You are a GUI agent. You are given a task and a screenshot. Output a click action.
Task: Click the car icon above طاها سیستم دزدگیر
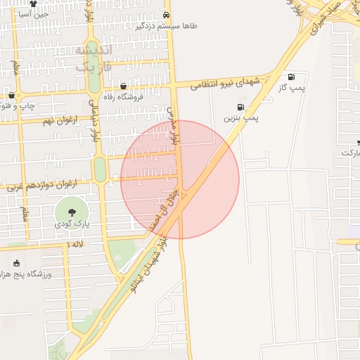click(166, 15)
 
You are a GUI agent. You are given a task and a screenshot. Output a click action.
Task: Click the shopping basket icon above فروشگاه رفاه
click(124, 86)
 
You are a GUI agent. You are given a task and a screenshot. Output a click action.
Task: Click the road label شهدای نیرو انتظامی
click(226, 83)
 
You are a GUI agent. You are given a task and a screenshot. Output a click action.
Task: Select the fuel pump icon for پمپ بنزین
click(241, 108)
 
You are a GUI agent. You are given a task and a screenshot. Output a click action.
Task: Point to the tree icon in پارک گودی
click(71, 211)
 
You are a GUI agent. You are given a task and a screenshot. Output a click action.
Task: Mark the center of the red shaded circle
click(180, 180)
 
